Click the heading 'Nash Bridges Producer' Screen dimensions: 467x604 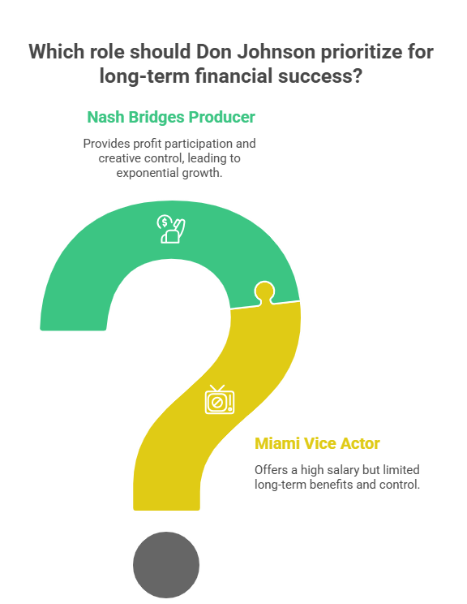[x=171, y=117]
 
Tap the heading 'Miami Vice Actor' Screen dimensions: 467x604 [x=317, y=443]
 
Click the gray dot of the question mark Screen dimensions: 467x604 [x=166, y=565]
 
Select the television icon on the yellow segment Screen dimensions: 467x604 [x=219, y=400]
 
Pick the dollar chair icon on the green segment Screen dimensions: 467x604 [x=171, y=229]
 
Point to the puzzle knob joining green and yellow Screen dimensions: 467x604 [x=264, y=292]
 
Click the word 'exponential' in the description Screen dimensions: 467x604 [x=148, y=173]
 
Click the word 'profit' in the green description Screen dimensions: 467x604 [x=145, y=144]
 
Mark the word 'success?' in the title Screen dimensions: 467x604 [x=320, y=75]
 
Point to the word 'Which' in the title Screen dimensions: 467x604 [x=57, y=52]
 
